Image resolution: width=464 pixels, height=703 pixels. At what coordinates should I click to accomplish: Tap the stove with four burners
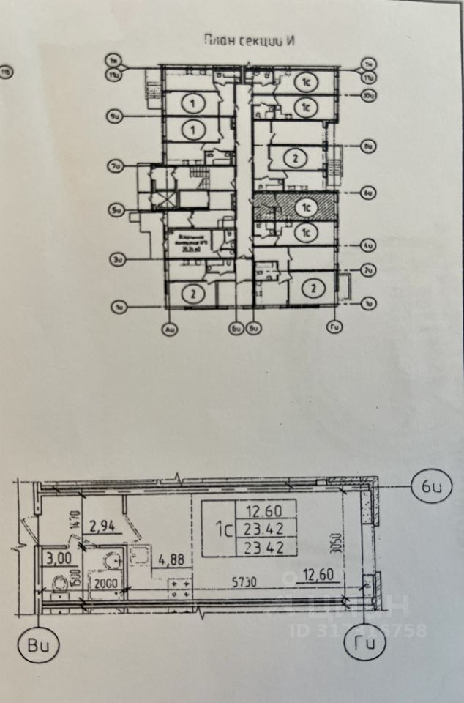click(x=180, y=589)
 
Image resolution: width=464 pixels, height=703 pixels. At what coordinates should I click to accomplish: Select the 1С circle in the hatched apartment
click(x=305, y=207)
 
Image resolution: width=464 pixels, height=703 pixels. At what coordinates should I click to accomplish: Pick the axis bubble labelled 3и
click(x=115, y=257)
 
